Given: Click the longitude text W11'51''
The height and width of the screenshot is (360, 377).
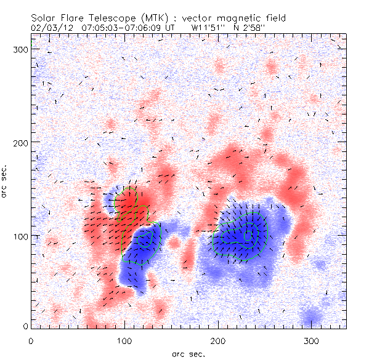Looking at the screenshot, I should click(208, 28).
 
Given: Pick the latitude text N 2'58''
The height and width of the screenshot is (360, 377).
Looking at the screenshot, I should click(252, 28).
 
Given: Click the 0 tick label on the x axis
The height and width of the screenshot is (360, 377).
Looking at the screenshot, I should click(30, 340).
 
